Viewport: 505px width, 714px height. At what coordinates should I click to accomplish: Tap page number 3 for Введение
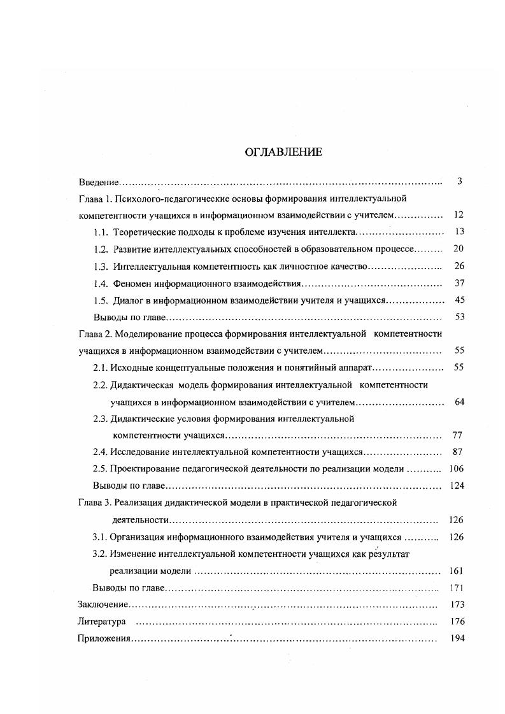459,181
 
